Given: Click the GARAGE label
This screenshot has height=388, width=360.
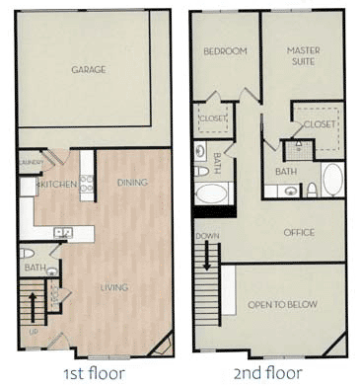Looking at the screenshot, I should (x=89, y=70).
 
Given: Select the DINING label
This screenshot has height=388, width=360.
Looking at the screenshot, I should (x=132, y=183).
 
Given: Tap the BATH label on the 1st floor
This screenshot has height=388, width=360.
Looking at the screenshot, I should (x=32, y=268).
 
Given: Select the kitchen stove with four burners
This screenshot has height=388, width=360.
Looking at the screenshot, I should (x=87, y=184).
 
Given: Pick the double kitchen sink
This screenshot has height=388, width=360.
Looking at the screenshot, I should (x=64, y=234).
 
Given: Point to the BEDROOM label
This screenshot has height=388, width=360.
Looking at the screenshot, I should (x=225, y=51).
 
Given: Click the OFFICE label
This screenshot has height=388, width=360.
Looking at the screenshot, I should (x=298, y=233).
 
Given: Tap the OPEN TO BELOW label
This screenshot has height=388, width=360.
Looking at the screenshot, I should (x=283, y=304).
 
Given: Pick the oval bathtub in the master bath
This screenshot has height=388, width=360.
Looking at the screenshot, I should (x=333, y=181).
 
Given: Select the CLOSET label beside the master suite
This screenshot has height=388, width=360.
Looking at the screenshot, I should (x=321, y=124).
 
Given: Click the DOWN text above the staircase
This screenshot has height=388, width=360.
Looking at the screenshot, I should (x=207, y=236).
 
